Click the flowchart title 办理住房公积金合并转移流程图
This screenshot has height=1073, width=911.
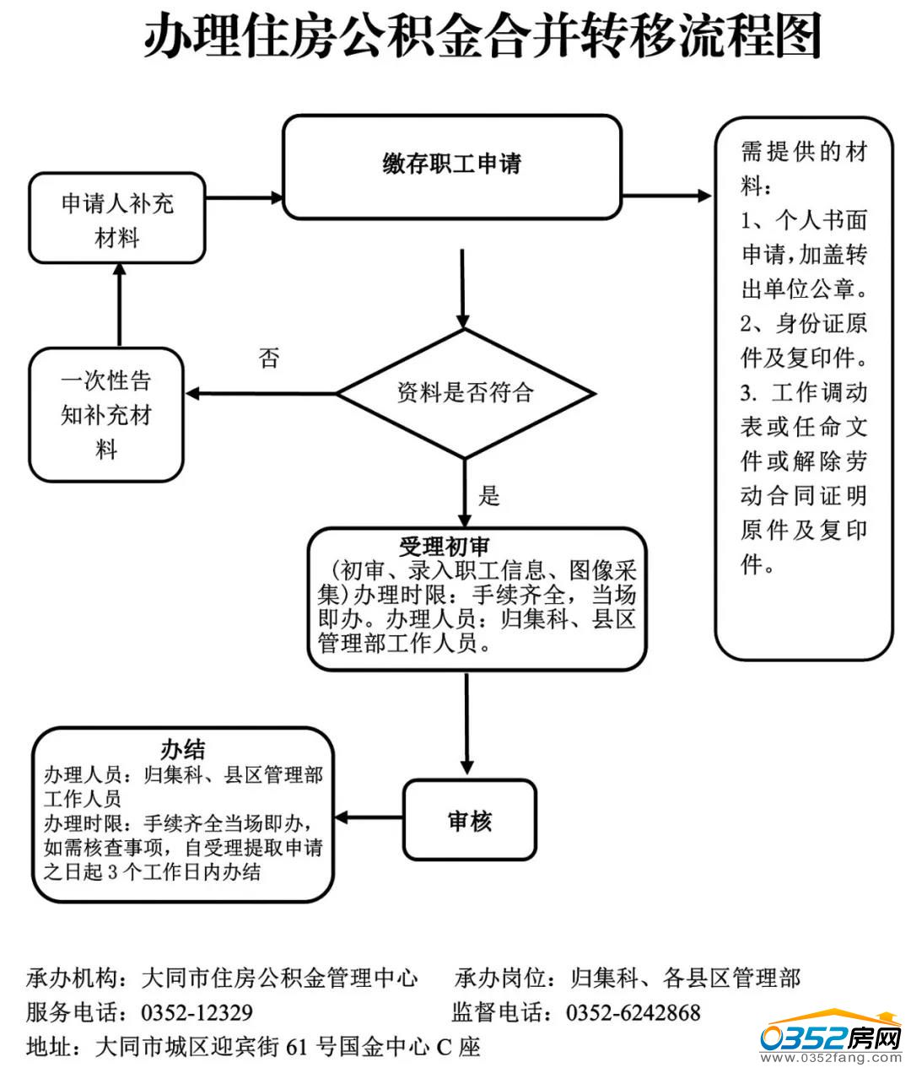[482, 38]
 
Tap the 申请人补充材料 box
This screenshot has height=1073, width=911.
[117, 219]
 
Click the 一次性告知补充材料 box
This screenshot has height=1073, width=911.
[106, 415]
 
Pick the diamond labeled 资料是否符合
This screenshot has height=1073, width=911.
[466, 393]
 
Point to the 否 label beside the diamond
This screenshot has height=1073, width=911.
[268, 359]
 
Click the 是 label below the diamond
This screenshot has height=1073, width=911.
[489, 496]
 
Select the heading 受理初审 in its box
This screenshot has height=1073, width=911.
[444, 547]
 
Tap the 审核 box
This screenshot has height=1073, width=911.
[470, 821]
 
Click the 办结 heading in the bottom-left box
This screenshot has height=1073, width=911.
[183, 749]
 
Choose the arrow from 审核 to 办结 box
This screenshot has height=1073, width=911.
[369, 817]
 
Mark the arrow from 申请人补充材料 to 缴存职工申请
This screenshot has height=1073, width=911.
[245, 198]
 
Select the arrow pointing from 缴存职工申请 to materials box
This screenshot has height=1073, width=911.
[666, 197]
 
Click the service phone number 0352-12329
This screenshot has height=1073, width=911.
[197, 1012]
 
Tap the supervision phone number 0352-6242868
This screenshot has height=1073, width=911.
[633, 1012]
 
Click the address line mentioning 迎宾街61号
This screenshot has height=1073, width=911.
[253, 1047]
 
